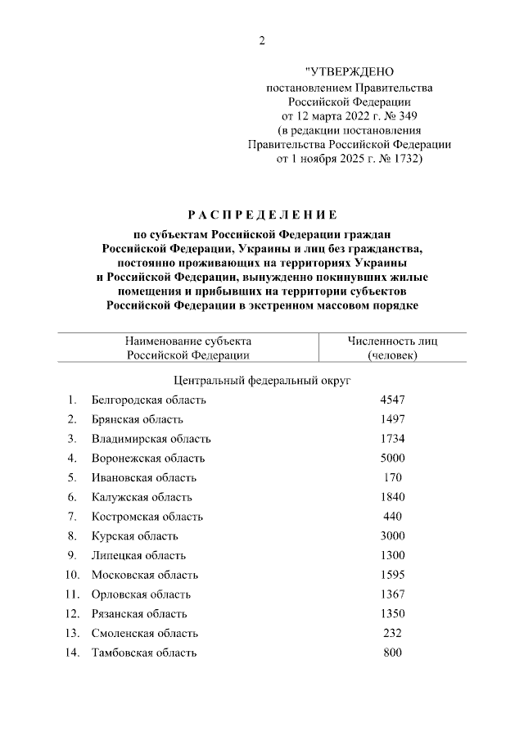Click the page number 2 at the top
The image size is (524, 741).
[262, 41]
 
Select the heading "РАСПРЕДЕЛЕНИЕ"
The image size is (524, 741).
[261, 215]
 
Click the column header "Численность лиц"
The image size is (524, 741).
[392, 341]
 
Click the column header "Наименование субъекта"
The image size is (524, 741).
[188, 341]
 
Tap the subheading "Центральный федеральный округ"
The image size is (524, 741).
[262, 381]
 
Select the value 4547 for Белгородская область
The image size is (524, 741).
[392, 400]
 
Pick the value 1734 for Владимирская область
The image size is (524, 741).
[392, 439]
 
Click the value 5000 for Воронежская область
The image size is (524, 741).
[392, 459]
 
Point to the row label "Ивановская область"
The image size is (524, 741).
[144, 477]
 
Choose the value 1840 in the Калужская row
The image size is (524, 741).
[392, 497]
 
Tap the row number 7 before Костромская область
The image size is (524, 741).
[72, 517]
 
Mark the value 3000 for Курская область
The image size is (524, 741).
[392, 536]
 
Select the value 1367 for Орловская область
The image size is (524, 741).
[392, 594]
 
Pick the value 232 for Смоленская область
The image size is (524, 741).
[392, 633]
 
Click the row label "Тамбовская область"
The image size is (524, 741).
[144, 653]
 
